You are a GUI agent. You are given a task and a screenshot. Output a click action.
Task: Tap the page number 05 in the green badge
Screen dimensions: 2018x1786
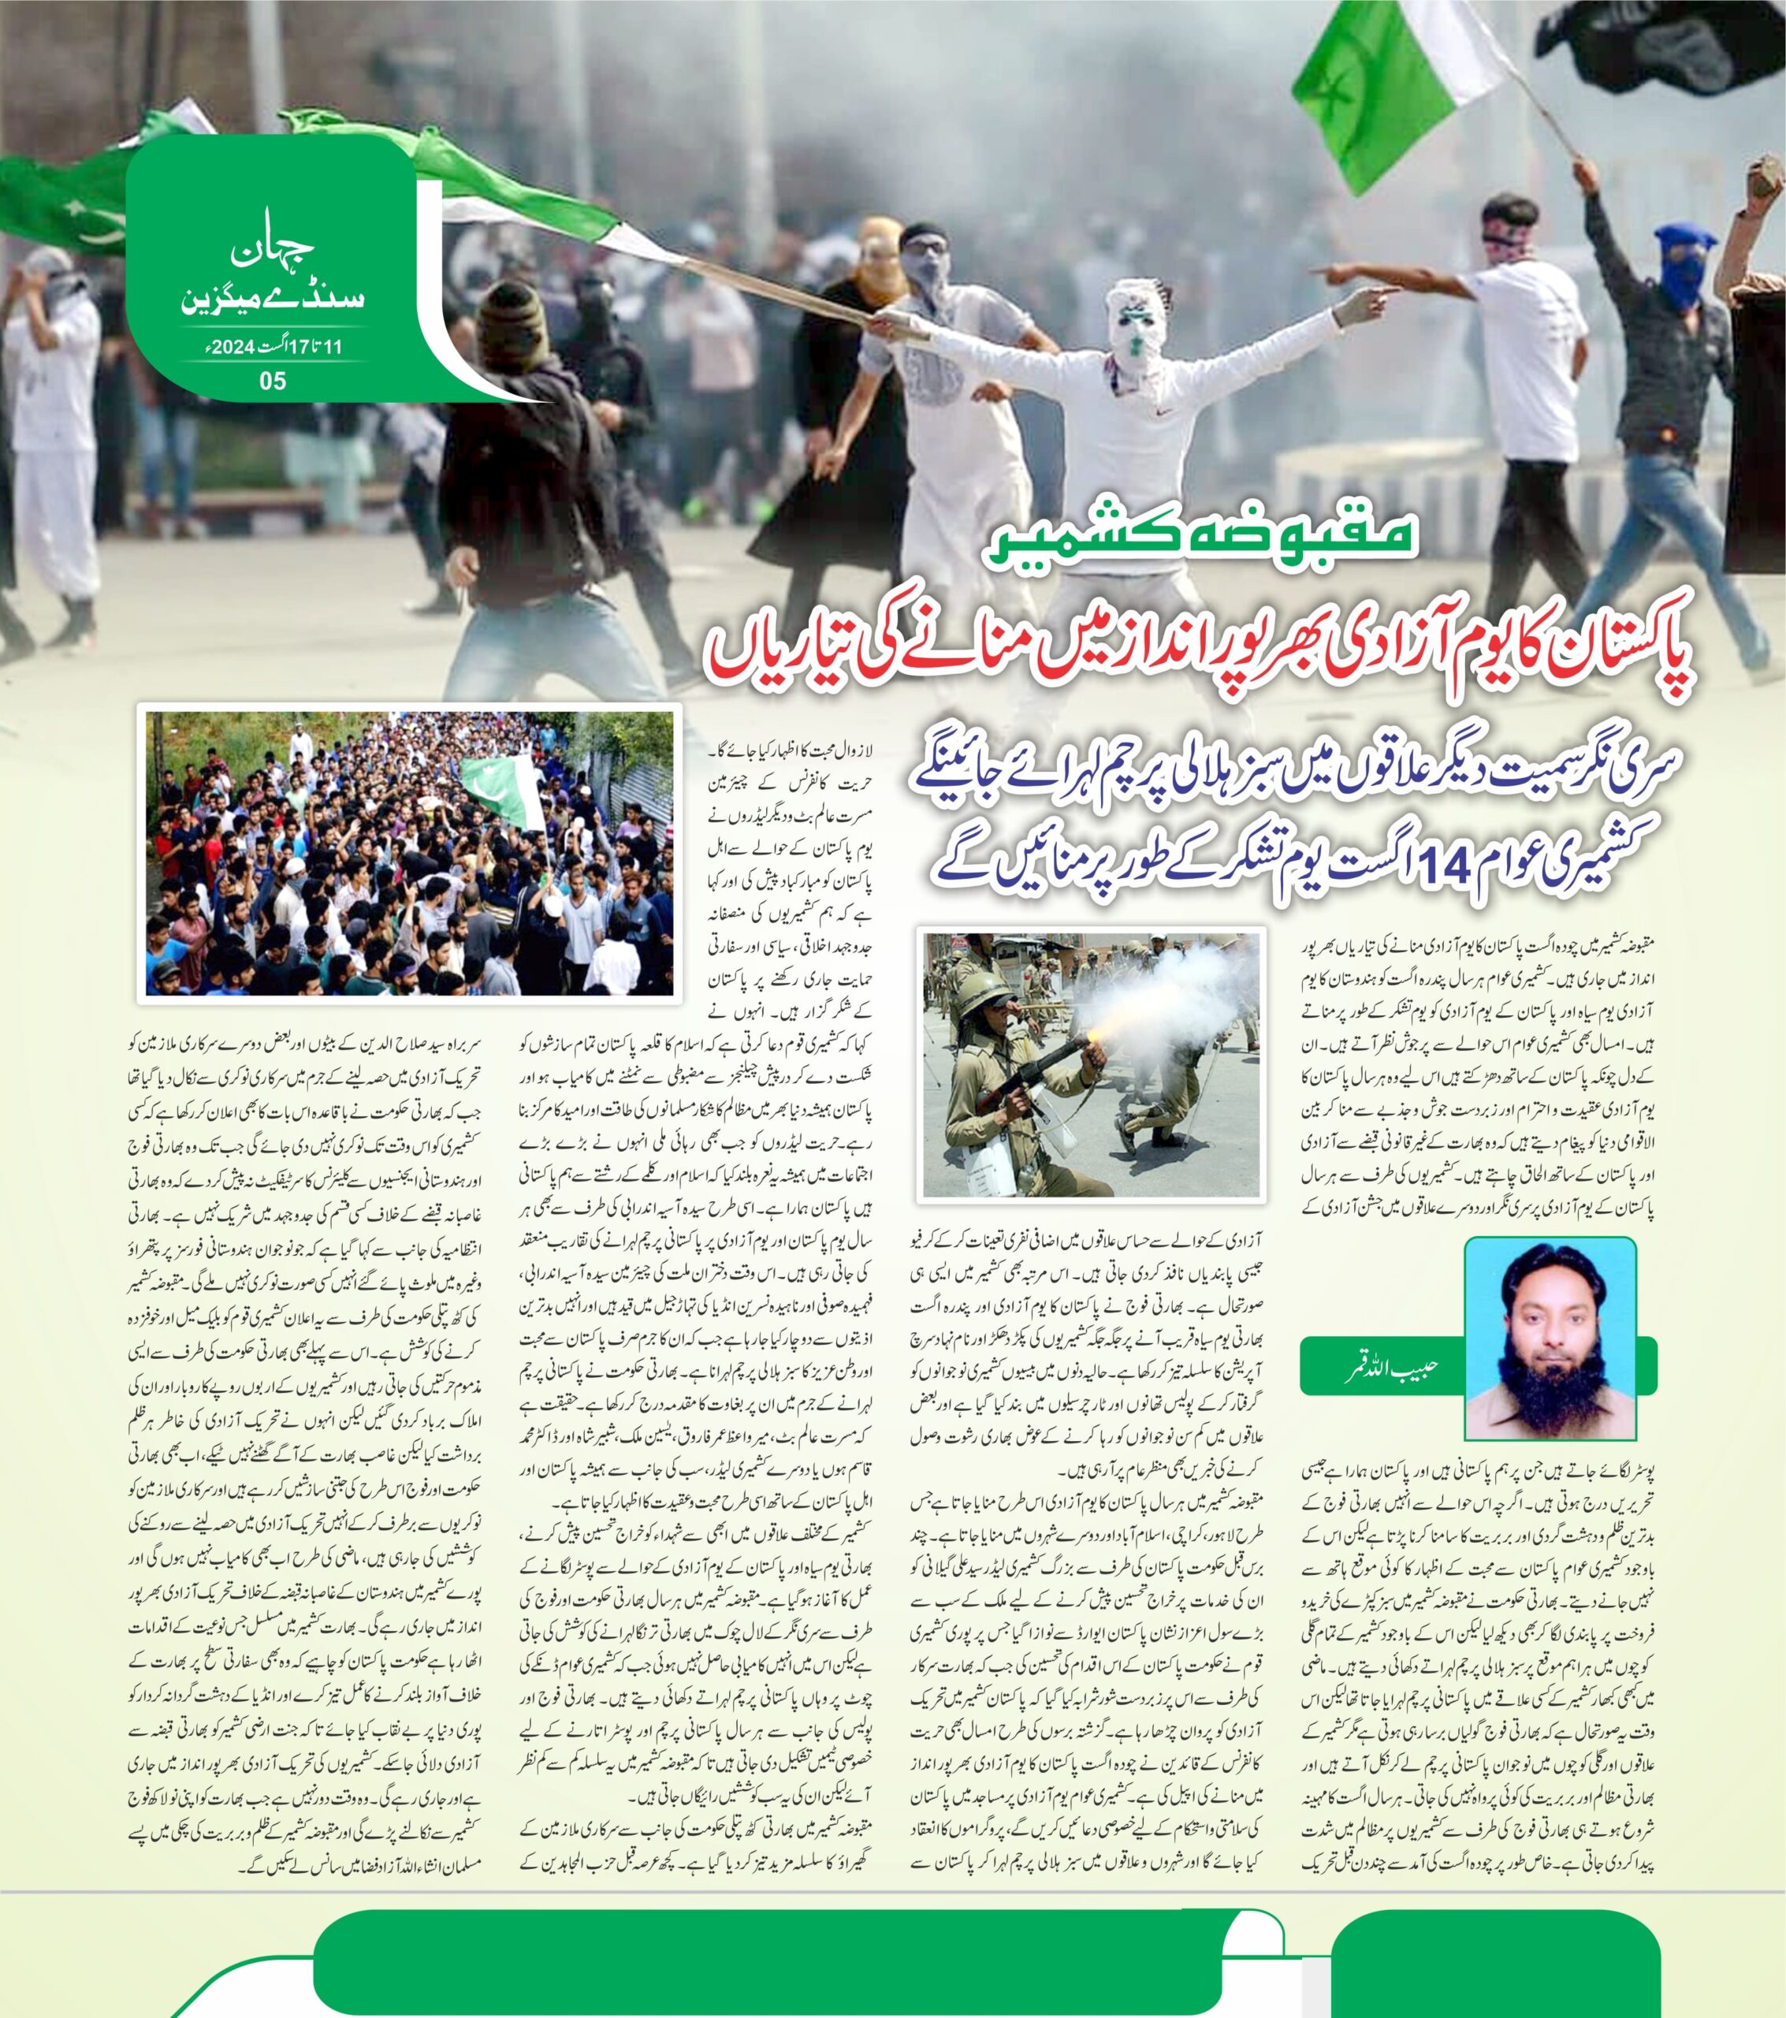[x=273, y=381]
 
